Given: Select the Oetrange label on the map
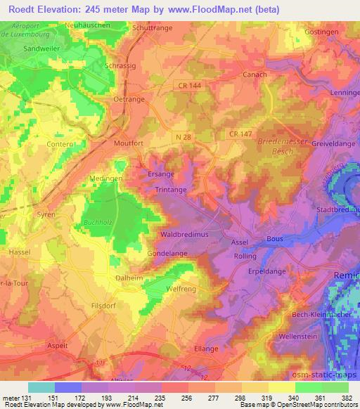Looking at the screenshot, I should (128, 99).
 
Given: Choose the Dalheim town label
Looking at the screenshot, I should (129, 278).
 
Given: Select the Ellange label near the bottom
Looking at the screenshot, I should (206, 347).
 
